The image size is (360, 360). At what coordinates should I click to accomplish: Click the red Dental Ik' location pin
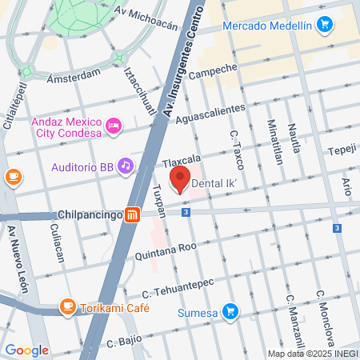coord(180,179)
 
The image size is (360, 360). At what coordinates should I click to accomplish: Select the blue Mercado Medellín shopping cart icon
coord(324,26)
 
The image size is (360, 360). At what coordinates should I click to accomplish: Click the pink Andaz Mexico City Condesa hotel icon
coord(114,126)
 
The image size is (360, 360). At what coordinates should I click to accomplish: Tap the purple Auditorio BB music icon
coord(125,166)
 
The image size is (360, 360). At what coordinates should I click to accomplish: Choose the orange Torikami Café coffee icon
coord(68,306)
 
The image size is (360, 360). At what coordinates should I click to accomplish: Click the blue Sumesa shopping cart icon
coord(230,310)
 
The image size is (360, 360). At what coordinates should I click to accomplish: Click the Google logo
coord(26,350)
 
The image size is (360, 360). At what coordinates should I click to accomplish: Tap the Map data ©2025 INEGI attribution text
coord(312,354)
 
